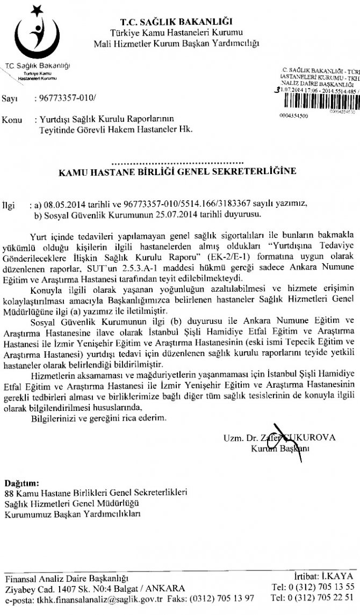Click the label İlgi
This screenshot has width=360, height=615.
pyautogui.click(x=10, y=205)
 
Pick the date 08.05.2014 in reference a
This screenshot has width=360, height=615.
pyautogui.click(x=64, y=205)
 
